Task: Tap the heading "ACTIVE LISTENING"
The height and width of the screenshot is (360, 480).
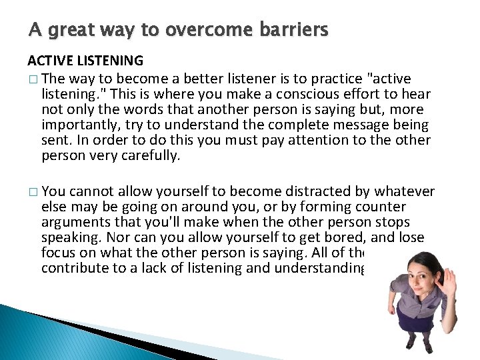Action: click(85, 61)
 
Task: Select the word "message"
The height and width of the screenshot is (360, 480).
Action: click(351, 125)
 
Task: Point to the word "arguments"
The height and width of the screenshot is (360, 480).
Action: click(73, 222)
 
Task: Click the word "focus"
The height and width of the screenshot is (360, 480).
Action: click(58, 253)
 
